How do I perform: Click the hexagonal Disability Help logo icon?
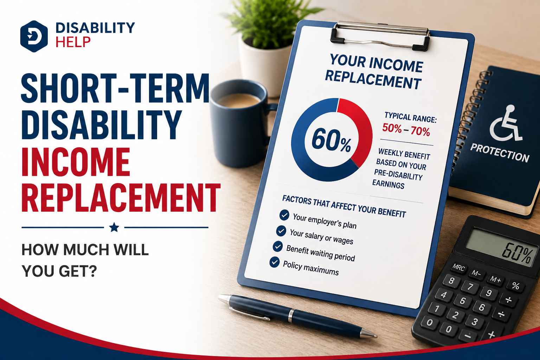pos(34,37)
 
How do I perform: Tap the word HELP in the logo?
pos(73,42)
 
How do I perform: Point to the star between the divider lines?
pos(114,227)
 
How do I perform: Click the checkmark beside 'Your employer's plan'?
pos(284,215)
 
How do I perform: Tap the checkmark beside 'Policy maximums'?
pos(274,262)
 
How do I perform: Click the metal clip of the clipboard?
pos(380,35)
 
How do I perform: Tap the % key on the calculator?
pos(516,286)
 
